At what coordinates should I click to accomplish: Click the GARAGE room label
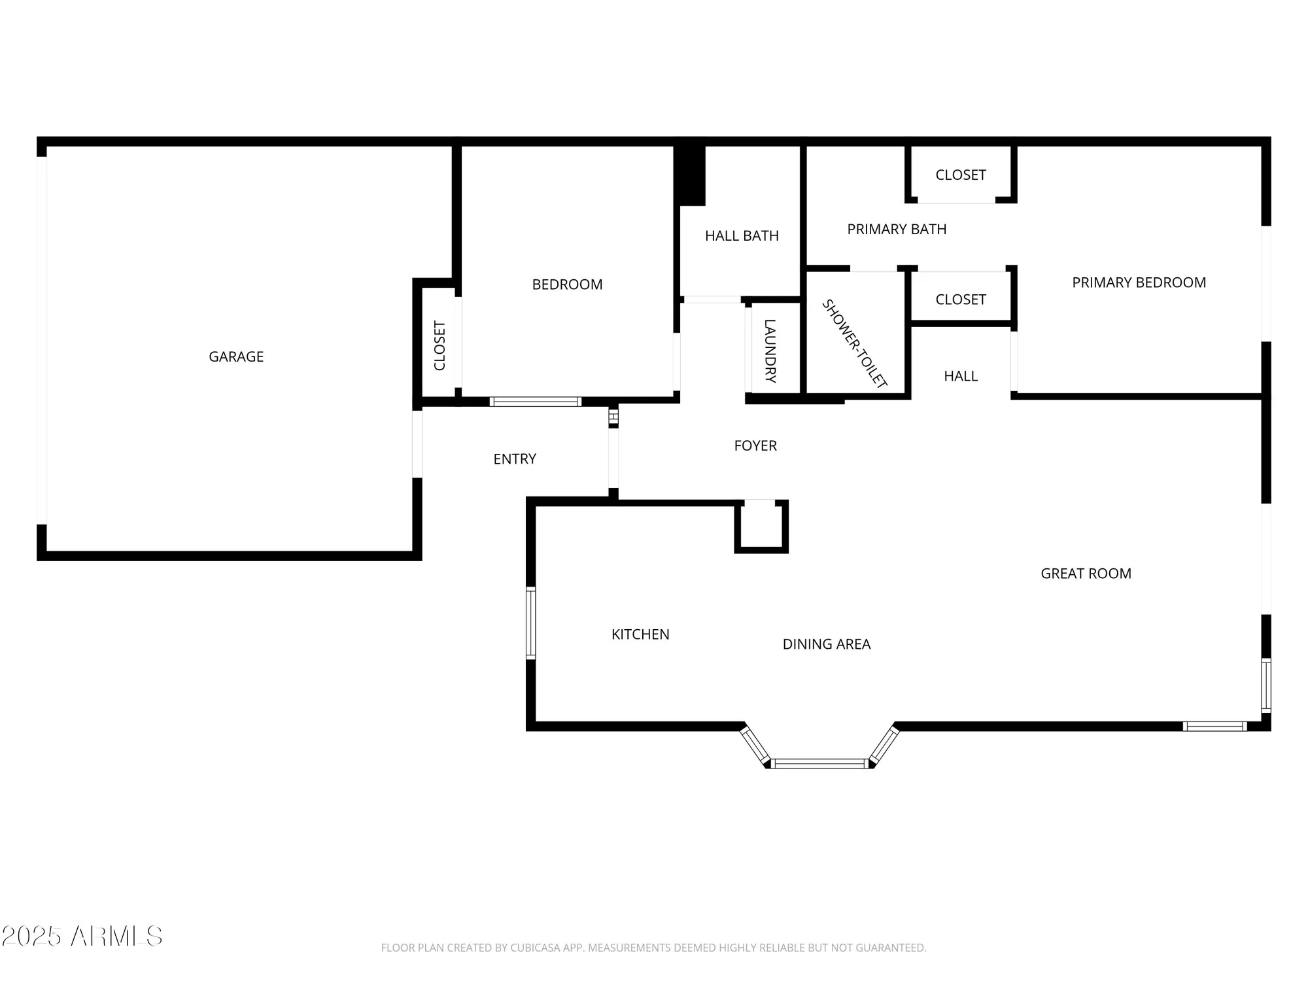(236, 356)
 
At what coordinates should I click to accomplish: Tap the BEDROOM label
(567, 284)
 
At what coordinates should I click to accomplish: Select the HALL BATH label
(742, 235)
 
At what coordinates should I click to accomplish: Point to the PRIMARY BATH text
(897, 229)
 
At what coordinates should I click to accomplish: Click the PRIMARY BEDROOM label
(1139, 283)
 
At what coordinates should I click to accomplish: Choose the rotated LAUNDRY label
(770, 351)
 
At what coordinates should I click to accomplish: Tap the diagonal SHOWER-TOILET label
(854, 344)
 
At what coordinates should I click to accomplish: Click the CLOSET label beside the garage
(439, 345)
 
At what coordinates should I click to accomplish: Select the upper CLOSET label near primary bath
(960, 175)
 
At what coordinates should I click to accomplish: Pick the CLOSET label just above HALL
(960, 300)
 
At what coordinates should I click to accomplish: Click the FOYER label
(755, 445)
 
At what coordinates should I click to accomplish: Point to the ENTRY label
(515, 459)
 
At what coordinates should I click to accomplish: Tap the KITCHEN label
(640, 634)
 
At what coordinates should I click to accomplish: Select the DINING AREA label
(826, 644)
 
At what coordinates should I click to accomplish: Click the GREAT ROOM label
(1086, 574)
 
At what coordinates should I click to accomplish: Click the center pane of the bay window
(819, 763)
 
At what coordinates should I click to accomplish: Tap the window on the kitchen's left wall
(531, 623)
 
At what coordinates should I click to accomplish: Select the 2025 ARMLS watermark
(82, 936)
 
